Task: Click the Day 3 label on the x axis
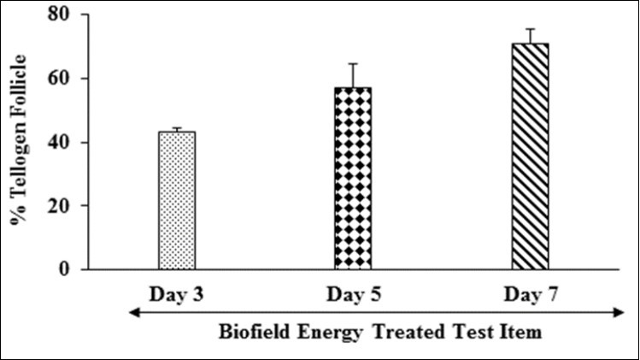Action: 177,294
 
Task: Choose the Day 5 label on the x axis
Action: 352,294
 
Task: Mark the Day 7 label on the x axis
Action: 530,294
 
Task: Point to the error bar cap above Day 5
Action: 352,63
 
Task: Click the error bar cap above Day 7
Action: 530,29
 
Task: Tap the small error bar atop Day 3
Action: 177,128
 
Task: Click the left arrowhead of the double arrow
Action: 132,314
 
